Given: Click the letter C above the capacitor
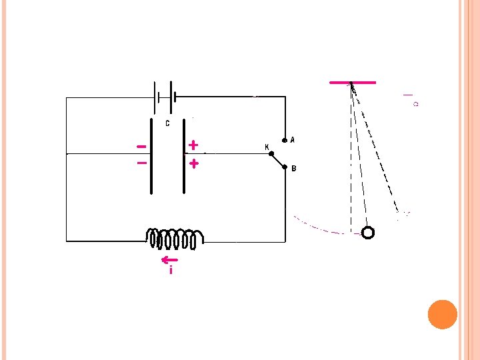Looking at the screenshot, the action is tap(167, 123).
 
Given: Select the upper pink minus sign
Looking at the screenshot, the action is tap(141, 146).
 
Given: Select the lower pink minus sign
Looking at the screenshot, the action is tap(141, 162).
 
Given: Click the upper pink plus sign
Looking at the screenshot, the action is tap(193, 144).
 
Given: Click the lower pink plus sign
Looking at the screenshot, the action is tap(193, 163).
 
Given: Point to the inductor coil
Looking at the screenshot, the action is tap(175, 238).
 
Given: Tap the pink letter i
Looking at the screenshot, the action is tap(171, 271).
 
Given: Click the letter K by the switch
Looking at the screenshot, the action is tap(267, 147).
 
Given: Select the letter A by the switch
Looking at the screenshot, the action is tap(293, 141).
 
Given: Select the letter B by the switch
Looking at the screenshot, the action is tap(293, 169).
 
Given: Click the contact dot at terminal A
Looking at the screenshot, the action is tap(285, 141).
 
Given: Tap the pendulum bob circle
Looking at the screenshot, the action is tap(367, 232).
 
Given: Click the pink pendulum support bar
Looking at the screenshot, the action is tap(353, 82).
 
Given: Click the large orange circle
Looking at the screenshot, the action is tap(442, 314).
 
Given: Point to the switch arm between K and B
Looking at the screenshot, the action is tap(277, 161).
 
